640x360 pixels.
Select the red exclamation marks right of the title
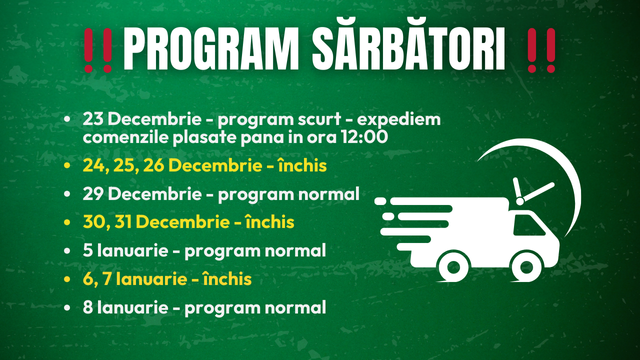pyautogui.click(x=541, y=49)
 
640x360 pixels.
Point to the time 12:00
pyautogui.click(x=366, y=136)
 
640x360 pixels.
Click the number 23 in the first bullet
pyautogui.click(x=97, y=118)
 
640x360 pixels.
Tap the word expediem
pyautogui.click(x=405, y=118)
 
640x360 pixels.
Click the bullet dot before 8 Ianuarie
pyautogui.click(x=67, y=306)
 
